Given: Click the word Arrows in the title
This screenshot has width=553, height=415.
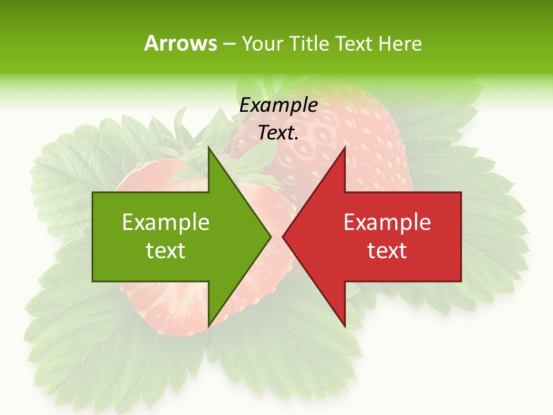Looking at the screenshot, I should tap(180, 43).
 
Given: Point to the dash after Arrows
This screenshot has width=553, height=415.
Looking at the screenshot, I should tap(229, 44).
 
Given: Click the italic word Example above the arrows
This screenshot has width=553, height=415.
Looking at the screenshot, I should tap(278, 105).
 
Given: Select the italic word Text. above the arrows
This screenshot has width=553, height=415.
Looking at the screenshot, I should tap(278, 133).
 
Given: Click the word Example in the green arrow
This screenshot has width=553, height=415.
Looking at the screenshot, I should tap(166, 222).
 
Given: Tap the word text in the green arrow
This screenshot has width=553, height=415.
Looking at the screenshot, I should tap(166, 251).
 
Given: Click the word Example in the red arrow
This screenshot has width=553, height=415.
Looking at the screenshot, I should tap(387, 222).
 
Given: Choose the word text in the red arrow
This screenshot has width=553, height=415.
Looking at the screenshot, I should tap(387, 251).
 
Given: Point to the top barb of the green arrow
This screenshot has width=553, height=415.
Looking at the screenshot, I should tap(210, 151).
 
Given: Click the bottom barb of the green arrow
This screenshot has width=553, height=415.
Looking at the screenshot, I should tap(210, 323).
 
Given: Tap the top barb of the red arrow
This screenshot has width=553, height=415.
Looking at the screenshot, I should tap(343, 151).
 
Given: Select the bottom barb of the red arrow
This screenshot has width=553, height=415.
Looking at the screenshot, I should tap(343, 323).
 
